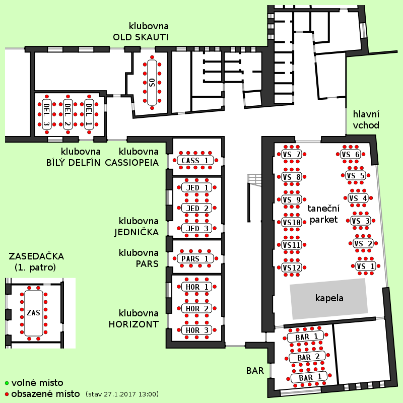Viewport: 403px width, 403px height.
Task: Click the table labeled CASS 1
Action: tap(195, 160)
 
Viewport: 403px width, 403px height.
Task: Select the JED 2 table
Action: tap(196, 208)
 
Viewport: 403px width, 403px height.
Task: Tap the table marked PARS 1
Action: tap(195, 258)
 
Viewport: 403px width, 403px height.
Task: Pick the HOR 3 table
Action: tap(196, 330)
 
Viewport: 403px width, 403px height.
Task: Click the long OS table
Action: tap(152, 83)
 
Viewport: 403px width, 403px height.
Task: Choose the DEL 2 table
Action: tap(68, 114)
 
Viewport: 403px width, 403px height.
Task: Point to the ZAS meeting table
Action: tap(34, 313)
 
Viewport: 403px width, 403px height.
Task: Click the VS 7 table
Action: tap(292, 155)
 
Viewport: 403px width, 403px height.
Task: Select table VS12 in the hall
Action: tap(292, 267)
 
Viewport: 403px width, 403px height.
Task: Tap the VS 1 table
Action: tap(366, 266)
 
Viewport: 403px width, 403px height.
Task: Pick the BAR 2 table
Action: tap(307, 357)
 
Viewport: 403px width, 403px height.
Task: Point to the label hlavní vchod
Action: tap(366, 120)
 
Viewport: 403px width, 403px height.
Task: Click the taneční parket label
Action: tap(323, 214)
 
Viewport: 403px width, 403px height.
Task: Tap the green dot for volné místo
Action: tap(7, 383)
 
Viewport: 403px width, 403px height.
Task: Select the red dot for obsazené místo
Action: tap(7, 394)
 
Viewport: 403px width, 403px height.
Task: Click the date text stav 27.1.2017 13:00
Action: tap(122, 394)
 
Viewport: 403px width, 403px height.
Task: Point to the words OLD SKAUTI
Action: tap(141, 37)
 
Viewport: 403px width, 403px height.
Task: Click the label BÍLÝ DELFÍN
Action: tap(73, 163)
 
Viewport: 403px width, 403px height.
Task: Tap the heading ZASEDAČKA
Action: tap(36, 256)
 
